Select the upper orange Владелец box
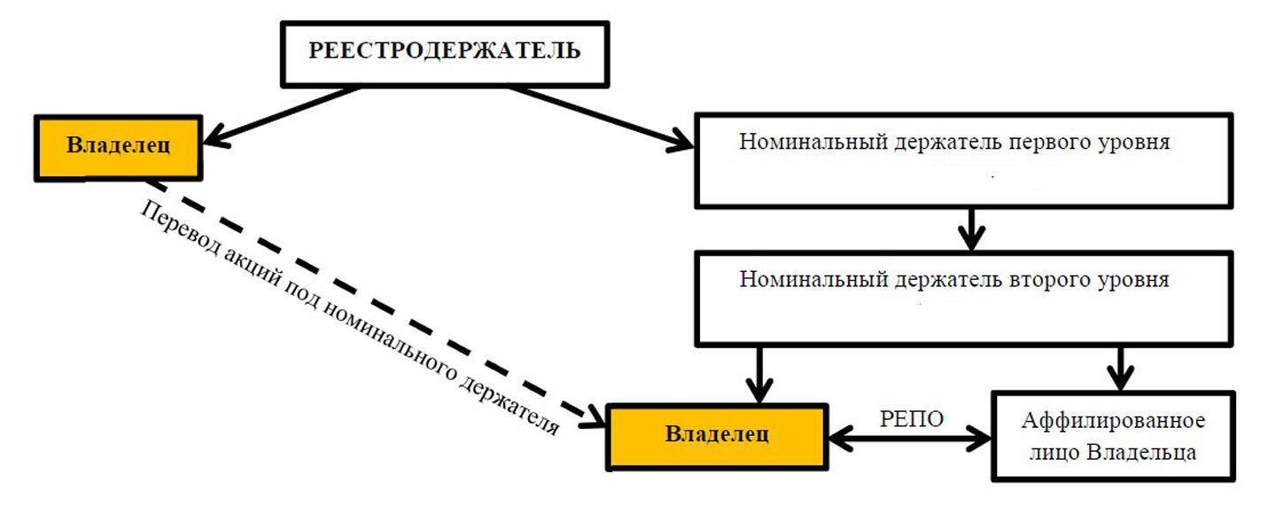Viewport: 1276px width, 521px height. pos(117,147)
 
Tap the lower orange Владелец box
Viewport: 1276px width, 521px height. pos(717,435)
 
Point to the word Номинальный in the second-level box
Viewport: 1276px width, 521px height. pos(804,280)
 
